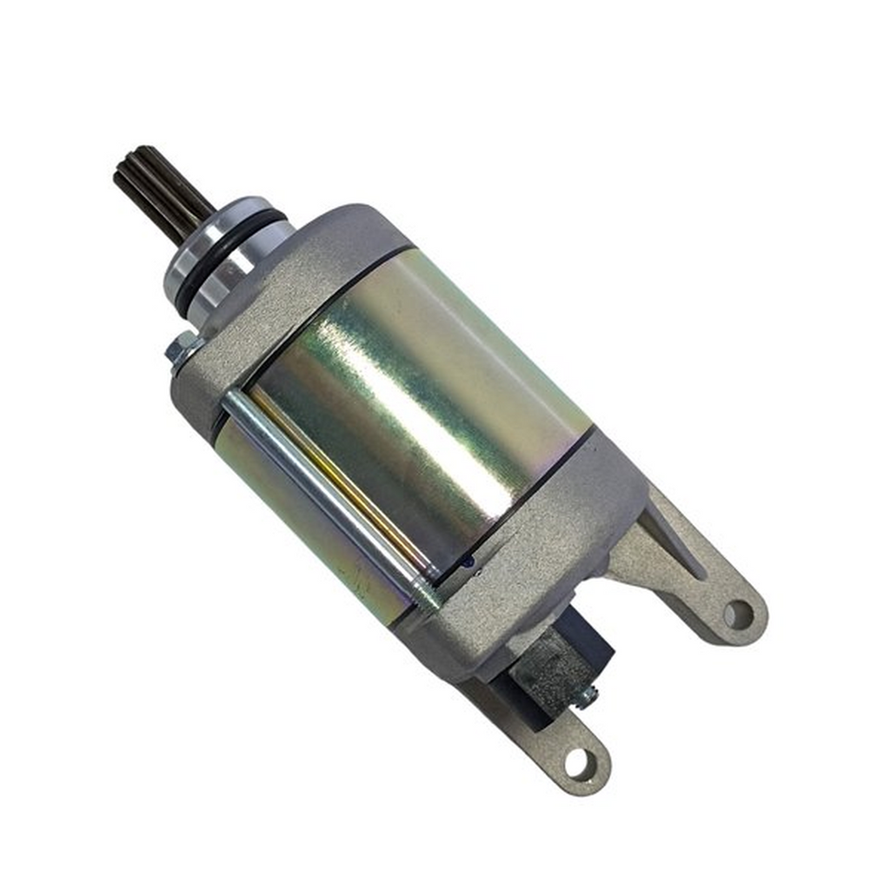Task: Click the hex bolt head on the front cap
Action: click(181, 349)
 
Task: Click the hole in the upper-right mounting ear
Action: click(737, 614)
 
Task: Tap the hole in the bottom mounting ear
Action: click(577, 762)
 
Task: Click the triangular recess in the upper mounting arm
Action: click(674, 535)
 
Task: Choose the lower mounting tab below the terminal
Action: click(565, 747)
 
